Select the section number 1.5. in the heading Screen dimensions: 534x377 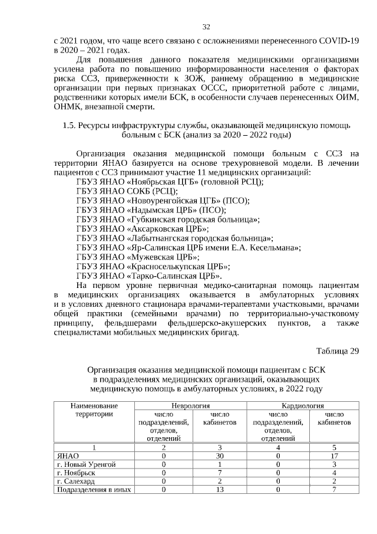tap(70, 125)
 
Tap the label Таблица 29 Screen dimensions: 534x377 tap(338, 352)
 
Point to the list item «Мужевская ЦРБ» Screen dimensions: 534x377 tap(138, 257)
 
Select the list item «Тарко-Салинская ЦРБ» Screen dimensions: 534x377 tap(149, 276)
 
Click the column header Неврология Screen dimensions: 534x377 tap(191, 406)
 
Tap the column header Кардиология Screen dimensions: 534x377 tap(305, 406)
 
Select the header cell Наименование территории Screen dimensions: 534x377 tap(94, 410)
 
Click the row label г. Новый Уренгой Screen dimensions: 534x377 tap(86, 464)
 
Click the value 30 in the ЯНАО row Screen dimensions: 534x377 tap(220, 456)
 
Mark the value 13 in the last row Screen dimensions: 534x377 tap(220, 489)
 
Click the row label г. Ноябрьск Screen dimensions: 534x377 tap(78, 473)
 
